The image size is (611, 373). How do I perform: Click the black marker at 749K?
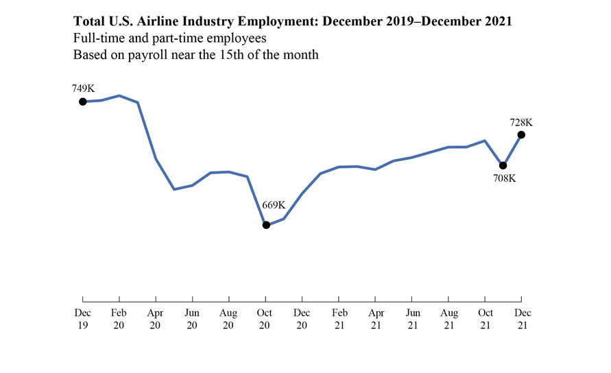[x=83, y=101]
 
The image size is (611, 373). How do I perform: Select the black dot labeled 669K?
[x=266, y=225]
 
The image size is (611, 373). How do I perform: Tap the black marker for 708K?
[x=503, y=165]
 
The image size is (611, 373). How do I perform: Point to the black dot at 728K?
[x=522, y=134]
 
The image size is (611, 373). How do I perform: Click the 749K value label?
[x=83, y=88]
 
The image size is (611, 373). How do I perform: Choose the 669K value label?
[x=274, y=205]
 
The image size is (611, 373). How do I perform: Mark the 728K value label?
[x=521, y=122]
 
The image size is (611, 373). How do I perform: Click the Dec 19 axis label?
[x=82, y=319]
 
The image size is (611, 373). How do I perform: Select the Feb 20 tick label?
[x=119, y=319]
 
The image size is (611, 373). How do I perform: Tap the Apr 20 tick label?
[x=156, y=319]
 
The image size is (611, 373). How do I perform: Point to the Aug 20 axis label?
[x=229, y=319]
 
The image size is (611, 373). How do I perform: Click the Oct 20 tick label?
[x=265, y=319]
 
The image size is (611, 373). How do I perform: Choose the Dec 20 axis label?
[x=302, y=319]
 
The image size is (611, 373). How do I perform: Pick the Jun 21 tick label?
[x=411, y=319]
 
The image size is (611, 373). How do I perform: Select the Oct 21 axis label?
[x=485, y=319]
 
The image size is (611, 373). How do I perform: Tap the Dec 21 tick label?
[x=521, y=319]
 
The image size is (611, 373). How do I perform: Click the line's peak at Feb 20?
[x=119, y=96]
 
